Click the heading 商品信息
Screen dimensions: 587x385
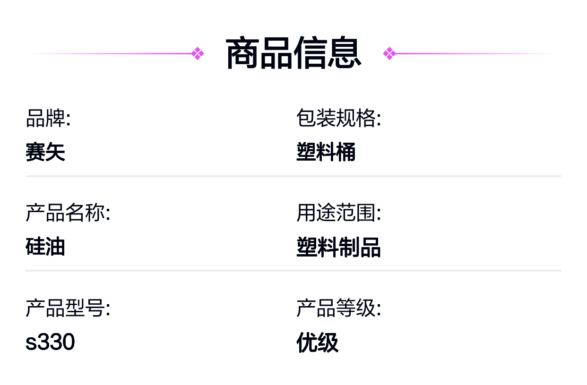(293, 53)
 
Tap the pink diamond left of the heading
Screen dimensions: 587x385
(198, 53)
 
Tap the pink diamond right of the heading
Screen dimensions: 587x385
(389, 53)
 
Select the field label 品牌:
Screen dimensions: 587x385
(48, 118)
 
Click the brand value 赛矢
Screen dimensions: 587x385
(45, 152)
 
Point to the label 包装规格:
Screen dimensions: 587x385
(338, 118)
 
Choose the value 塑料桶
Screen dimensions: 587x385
(326, 152)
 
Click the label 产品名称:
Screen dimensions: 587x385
(68, 213)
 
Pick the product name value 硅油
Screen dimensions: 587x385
(45, 246)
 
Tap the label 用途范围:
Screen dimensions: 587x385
(338, 213)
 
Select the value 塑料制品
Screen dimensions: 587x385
(338, 247)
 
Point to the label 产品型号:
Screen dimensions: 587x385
(68, 308)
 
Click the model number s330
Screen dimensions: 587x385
(50, 342)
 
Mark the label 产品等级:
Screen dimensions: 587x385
(338, 308)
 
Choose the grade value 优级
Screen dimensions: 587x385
(317, 342)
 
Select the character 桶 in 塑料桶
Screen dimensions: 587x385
(346, 152)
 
